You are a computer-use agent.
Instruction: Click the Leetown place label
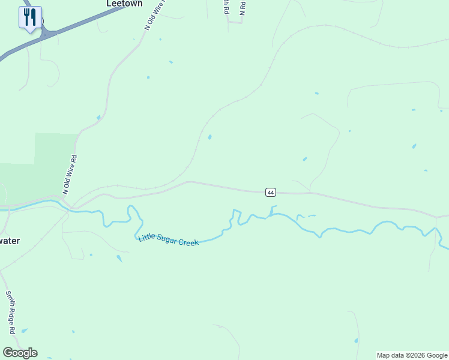coord(124,4)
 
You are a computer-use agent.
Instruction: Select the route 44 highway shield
coord(271,192)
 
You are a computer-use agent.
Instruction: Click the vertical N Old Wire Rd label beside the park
coord(70,174)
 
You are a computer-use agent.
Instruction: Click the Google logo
coord(20,353)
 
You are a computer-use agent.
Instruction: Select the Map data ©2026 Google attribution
coord(412,355)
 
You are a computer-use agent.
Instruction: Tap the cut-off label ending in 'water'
coord(10,241)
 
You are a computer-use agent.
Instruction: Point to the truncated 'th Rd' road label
coord(225,7)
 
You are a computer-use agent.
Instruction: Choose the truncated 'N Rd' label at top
coord(243,7)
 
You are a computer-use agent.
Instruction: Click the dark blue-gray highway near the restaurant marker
coord(84,23)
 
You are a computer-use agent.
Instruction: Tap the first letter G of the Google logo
coord(7,353)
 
